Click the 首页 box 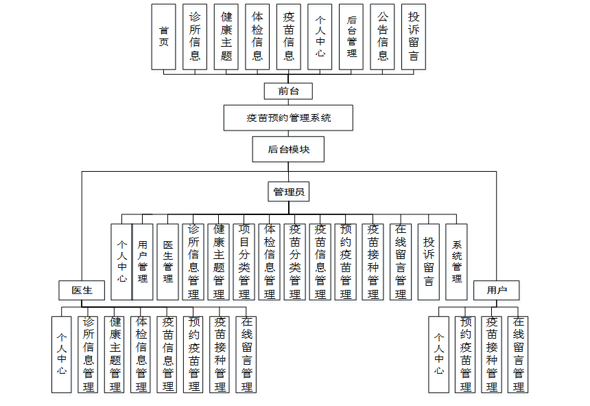(x=163, y=36)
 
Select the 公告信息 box (x=382, y=36)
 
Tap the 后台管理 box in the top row (x=351, y=36)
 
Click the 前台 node (x=288, y=91)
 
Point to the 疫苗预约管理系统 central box (x=288, y=117)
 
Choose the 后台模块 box (x=287, y=149)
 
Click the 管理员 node (x=288, y=192)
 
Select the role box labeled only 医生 (x=82, y=291)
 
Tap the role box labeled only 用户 (x=496, y=291)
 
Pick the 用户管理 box (x=143, y=262)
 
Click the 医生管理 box (x=168, y=262)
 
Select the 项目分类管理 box (x=244, y=262)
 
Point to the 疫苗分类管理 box (x=295, y=262)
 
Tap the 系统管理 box (x=456, y=262)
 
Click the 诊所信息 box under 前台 (x=195, y=36)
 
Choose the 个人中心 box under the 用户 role (x=439, y=354)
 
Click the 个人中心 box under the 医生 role (x=62, y=354)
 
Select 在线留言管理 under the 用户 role (x=518, y=354)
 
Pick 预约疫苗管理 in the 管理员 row (x=346, y=262)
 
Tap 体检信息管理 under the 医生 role (x=141, y=354)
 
